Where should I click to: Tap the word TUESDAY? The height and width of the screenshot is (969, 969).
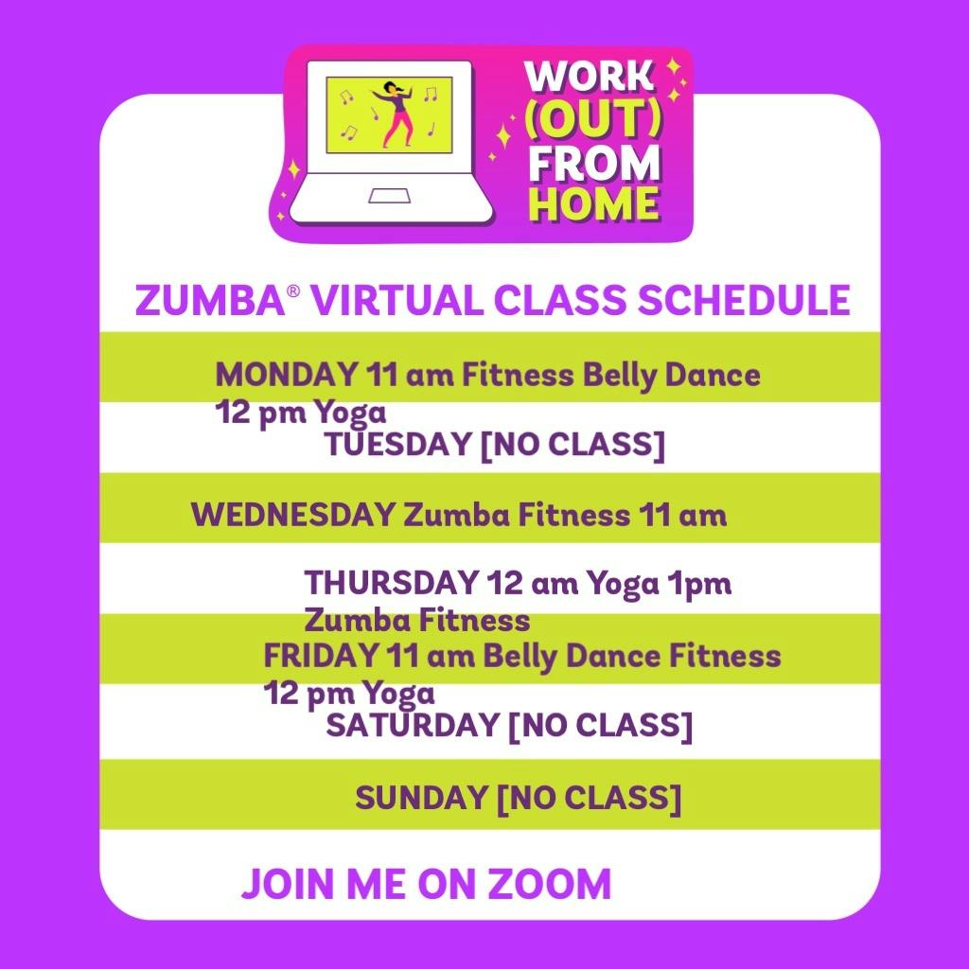(397, 445)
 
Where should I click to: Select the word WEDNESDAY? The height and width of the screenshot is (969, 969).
(292, 516)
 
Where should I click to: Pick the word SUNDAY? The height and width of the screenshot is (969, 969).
(421, 798)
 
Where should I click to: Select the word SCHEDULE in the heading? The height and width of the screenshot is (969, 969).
(743, 301)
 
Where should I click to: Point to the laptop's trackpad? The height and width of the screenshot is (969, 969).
(389, 196)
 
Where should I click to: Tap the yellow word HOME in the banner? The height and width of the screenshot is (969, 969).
(594, 203)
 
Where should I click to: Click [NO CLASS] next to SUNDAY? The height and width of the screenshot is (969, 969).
(589, 798)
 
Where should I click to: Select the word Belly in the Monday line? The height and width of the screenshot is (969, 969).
(619, 375)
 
